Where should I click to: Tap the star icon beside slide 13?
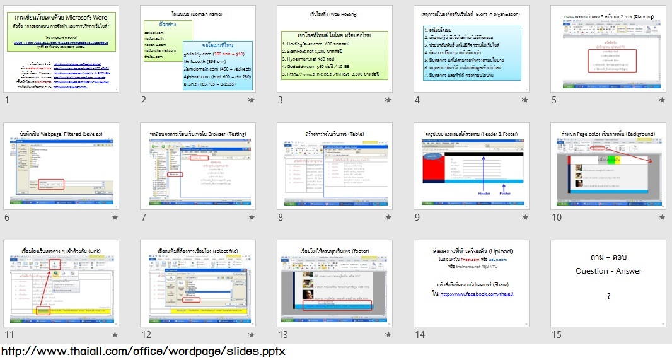pos(388,335)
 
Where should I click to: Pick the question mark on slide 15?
pos(608,296)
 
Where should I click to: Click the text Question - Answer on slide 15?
pos(608,271)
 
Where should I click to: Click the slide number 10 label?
pos(557,218)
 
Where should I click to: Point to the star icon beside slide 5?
pos(661,100)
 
